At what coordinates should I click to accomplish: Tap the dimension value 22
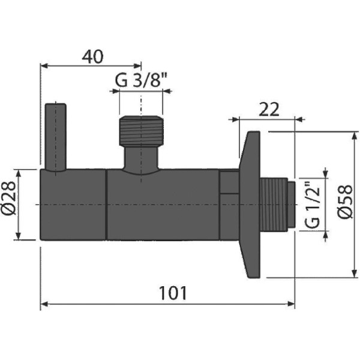[x=270, y=109]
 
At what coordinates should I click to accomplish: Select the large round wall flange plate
[x=250, y=205]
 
